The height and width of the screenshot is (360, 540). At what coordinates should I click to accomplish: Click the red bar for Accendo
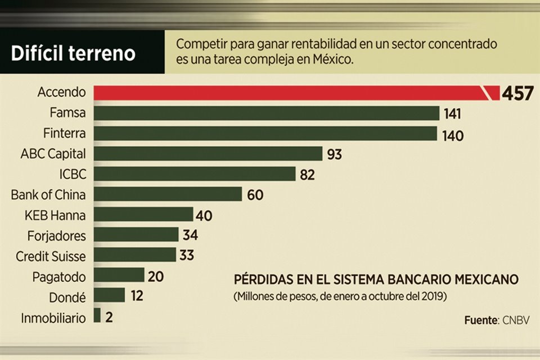(287, 93)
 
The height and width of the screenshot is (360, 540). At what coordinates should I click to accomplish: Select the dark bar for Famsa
(266, 114)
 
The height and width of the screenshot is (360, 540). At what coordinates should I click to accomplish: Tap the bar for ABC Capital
(208, 154)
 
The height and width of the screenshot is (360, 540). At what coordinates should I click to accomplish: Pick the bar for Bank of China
(168, 195)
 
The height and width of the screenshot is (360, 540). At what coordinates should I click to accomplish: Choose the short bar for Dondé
(109, 295)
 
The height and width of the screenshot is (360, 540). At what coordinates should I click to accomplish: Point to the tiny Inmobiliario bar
(97, 316)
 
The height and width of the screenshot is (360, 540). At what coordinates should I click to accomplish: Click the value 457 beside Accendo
(517, 93)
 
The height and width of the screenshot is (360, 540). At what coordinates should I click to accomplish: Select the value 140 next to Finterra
(453, 134)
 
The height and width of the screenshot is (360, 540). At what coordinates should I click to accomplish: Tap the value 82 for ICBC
(307, 175)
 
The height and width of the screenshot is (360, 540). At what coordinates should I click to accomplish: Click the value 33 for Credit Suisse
(187, 255)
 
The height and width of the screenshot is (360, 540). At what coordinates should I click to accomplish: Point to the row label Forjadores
(56, 235)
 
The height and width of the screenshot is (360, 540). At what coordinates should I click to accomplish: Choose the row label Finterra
(65, 133)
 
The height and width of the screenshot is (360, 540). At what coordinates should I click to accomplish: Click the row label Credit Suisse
(51, 256)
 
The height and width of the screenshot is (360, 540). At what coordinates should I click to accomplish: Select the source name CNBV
(516, 320)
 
